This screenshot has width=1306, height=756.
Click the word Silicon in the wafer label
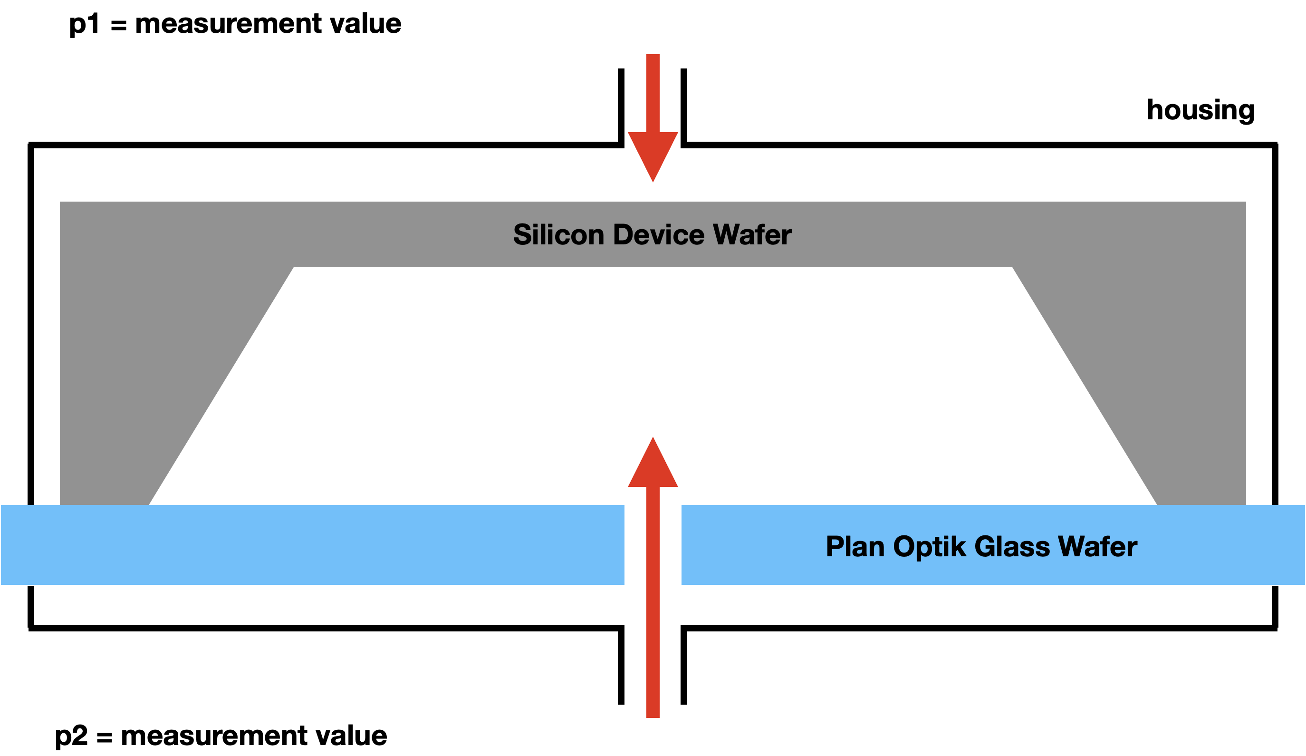coord(558,235)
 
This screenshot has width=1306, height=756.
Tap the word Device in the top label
coord(658,235)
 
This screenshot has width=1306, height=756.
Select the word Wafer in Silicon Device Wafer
coord(752,235)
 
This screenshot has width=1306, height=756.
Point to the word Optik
coord(930,547)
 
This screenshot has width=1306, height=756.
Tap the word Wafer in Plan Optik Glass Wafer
coord(1097,547)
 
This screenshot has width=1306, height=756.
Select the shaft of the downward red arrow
coord(653,93)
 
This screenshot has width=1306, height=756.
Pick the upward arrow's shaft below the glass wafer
coord(653,659)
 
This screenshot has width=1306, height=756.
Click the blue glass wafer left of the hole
coord(311,544)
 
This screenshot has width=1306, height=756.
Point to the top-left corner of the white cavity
coord(294,268)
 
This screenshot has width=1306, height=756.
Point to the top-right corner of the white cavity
coord(1012,268)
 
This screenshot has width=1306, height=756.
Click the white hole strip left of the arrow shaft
coord(635,550)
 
